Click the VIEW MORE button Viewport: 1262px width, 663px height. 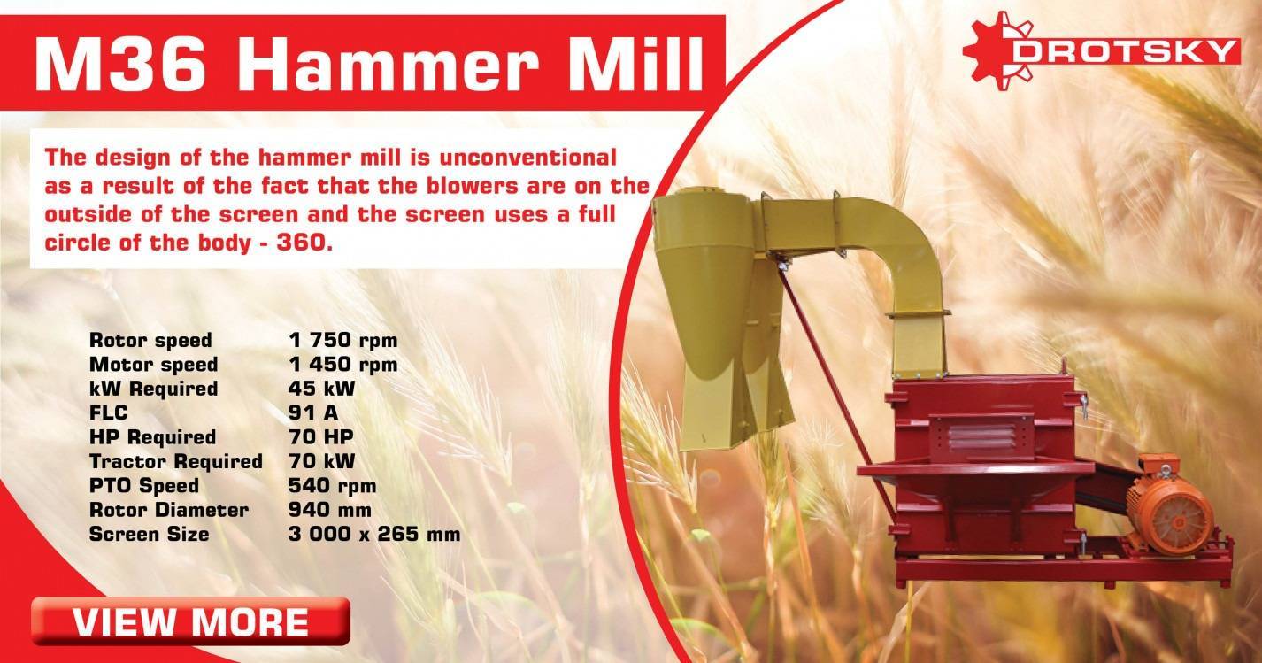[x=191, y=621]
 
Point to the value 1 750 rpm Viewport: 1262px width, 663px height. [x=343, y=340]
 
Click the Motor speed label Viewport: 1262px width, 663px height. [x=153, y=365]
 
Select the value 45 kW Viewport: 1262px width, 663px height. [x=322, y=389]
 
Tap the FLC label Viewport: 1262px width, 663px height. [x=109, y=412]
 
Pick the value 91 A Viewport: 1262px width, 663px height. [x=313, y=412]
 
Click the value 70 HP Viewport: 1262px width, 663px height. [x=321, y=437]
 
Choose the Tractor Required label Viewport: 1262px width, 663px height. [x=176, y=461]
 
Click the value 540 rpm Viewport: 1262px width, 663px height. [x=333, y=486]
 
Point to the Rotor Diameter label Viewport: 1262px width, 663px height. [x=169, y=510]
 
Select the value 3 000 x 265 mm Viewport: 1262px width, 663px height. [x=374, y=534]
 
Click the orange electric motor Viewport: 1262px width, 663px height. [x=1172, y=507]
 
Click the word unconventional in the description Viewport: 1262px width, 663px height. [x=528, y=158]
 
